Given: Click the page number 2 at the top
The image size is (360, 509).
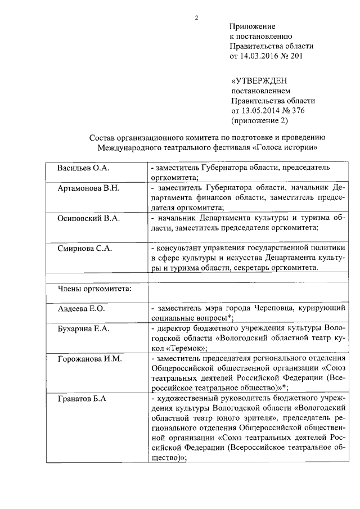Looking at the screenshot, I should coord(196,17).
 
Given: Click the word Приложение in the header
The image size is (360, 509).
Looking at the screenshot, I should coord(252,26).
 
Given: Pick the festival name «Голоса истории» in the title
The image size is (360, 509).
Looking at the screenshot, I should coord(287,148).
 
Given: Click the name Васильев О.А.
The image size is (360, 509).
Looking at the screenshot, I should coord(83,168).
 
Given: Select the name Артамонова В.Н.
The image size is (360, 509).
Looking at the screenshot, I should coord(88,187).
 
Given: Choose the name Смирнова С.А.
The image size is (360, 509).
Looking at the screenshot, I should coord(85,247).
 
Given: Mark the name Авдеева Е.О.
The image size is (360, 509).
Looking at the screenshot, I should coord(82,309).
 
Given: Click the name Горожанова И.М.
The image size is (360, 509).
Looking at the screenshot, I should coord(90,358).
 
